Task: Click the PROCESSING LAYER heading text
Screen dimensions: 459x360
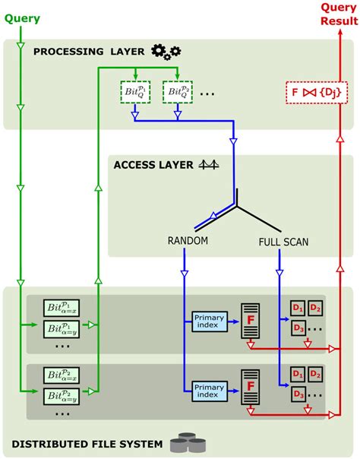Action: (90, 52)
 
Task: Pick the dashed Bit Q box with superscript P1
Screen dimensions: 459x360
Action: (134, 91)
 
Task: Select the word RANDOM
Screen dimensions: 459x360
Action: (188, 242)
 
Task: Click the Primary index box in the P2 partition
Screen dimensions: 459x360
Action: (210, 390)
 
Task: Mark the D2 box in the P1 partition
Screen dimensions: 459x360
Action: (315, 308)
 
